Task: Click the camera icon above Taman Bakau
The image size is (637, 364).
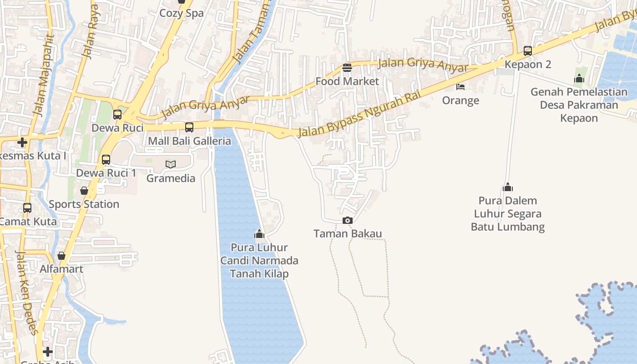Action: [347, 221]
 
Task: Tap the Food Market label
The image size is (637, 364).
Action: [347, 81]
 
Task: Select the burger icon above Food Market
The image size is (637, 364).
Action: [347, 68]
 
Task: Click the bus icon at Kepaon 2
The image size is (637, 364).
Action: [528, 51]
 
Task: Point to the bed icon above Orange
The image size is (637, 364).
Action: [460, 87]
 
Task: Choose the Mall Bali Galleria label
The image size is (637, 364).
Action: [189, 141]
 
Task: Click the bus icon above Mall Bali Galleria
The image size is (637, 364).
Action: [189, 127]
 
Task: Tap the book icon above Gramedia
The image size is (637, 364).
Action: [171, 164]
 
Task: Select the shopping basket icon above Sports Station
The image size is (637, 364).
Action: [84, 191]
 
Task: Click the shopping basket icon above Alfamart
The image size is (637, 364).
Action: [61, 256]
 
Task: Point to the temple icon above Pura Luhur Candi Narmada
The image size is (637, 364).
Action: [259, 234]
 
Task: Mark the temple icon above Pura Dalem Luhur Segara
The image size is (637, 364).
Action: [508, 187]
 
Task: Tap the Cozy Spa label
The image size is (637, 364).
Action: [181, 13]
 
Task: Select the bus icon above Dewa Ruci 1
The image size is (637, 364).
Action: [106, 160]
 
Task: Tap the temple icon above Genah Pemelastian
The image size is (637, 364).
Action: [579, 78]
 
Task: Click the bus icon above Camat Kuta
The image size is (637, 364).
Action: [27, 208]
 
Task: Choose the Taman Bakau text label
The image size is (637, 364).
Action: [348, 234]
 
